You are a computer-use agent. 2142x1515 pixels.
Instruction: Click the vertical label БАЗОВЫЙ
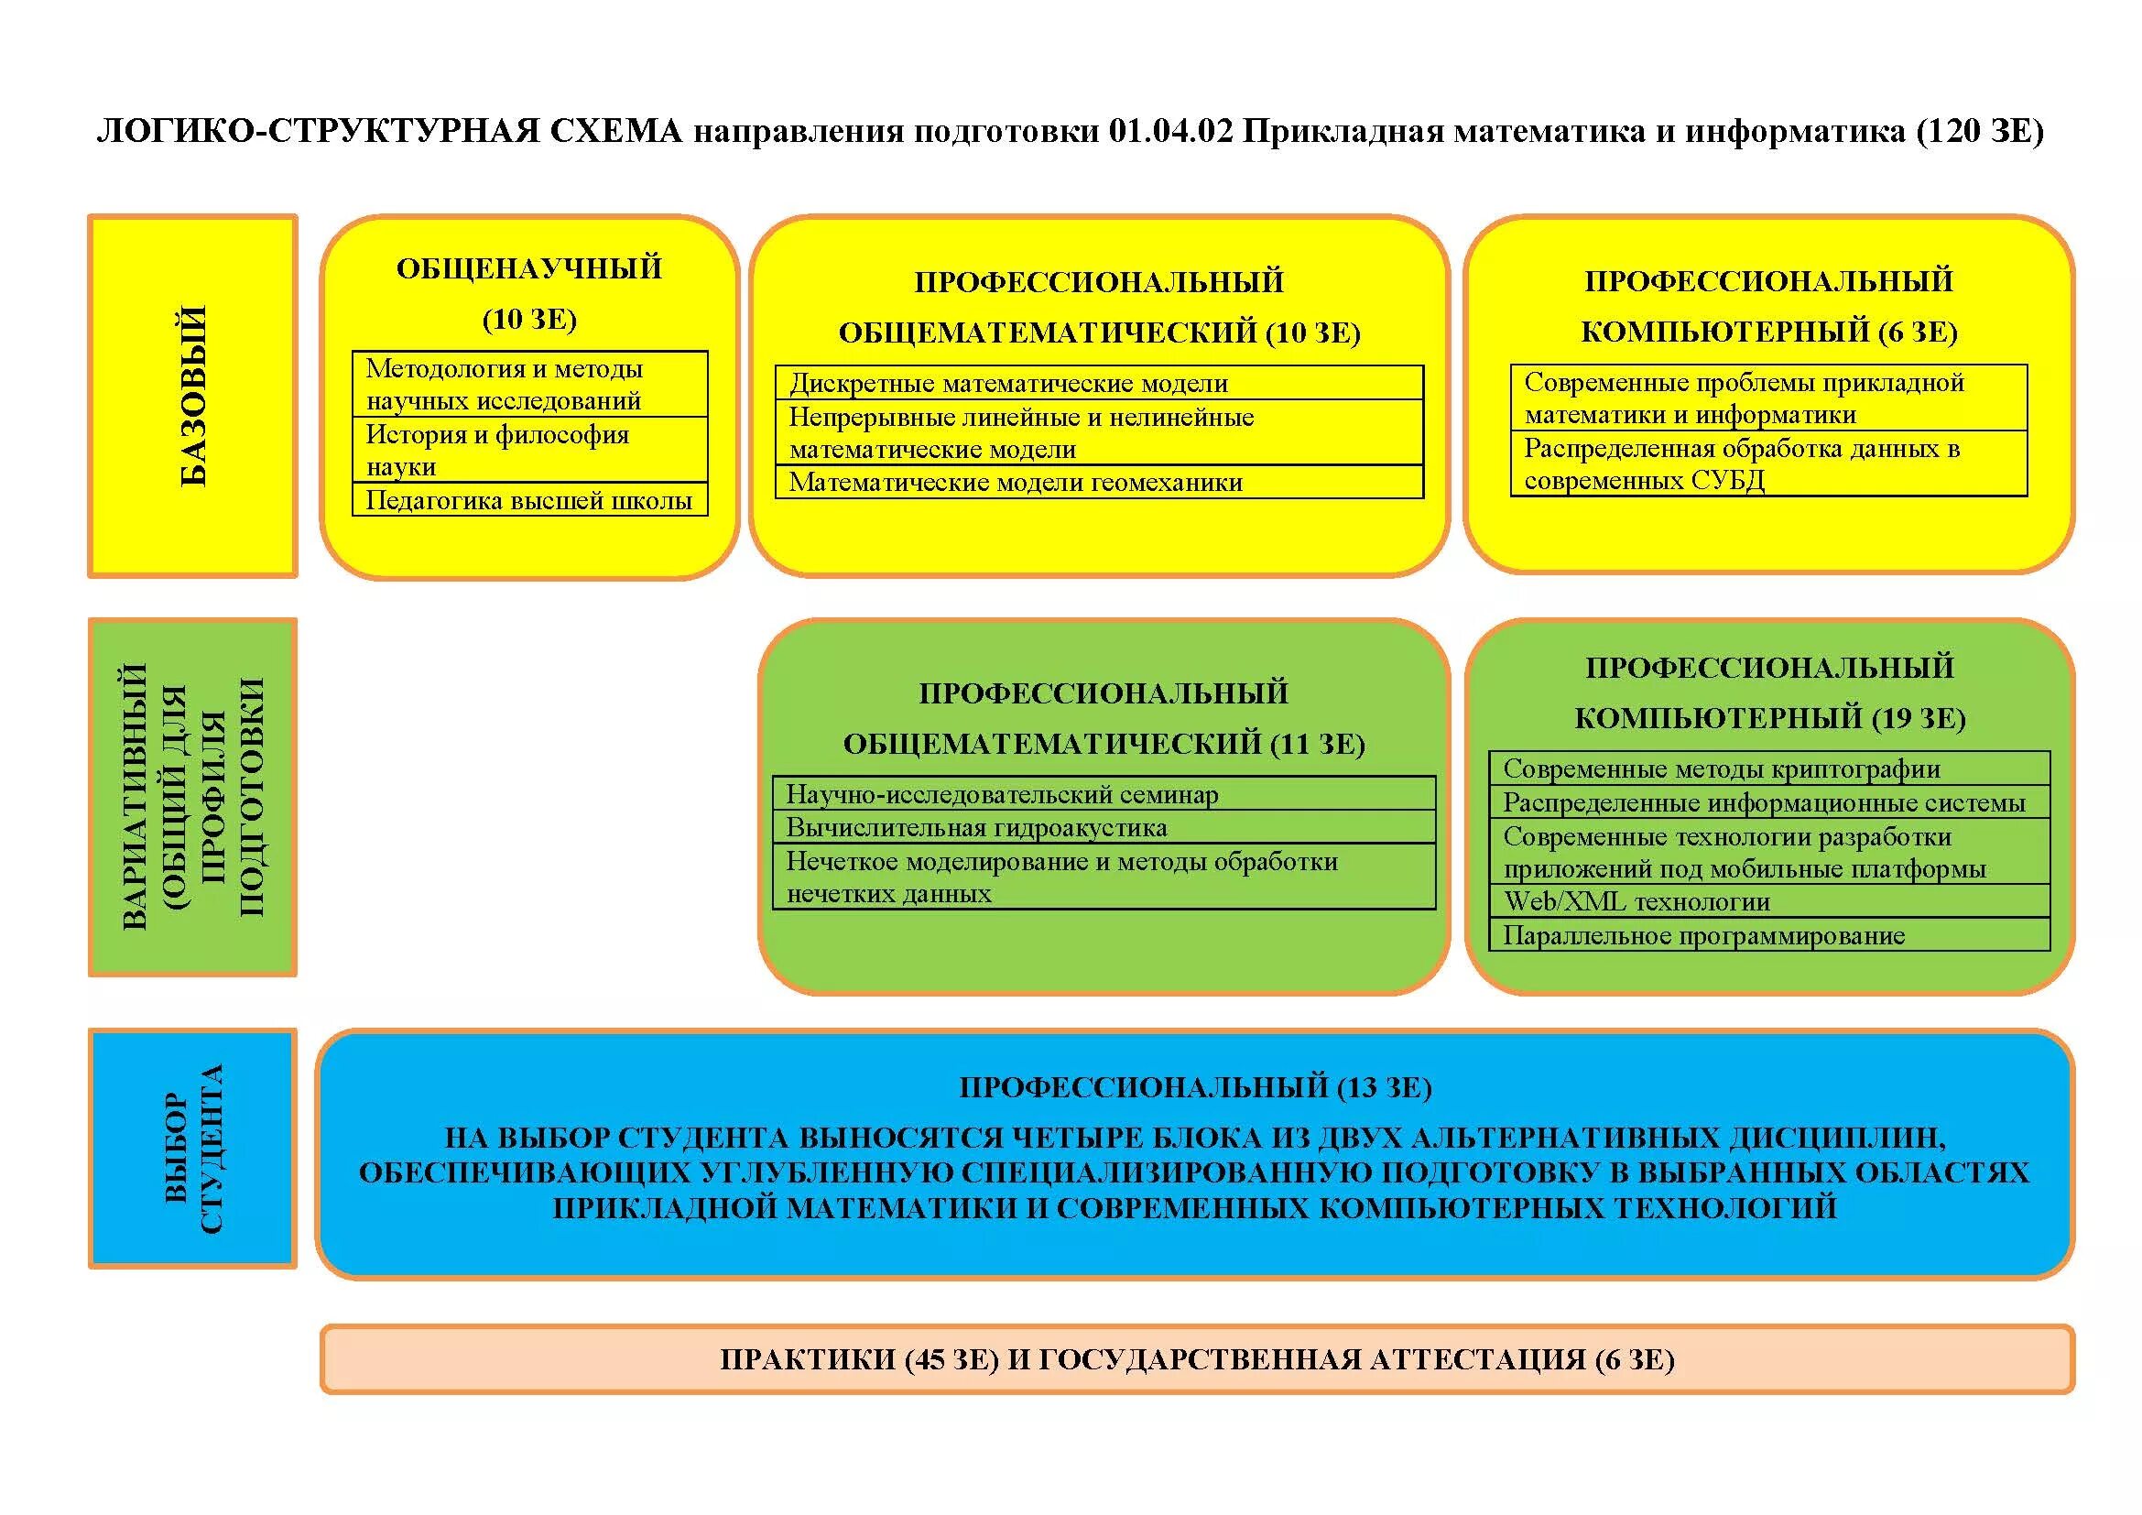(193, 396)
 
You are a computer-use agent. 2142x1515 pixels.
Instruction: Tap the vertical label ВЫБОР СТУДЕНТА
(193, 1149)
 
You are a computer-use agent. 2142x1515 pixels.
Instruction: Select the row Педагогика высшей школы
(529, 500)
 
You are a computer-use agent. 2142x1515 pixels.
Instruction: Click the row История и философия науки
(529, 450)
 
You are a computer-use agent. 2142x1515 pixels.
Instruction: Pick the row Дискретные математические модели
(1099, 384)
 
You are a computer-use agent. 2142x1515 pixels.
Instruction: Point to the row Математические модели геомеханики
(1099, 483)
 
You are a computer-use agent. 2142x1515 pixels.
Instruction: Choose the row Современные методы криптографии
(1769, 768)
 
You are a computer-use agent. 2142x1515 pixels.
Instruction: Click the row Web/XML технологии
(1769, 901)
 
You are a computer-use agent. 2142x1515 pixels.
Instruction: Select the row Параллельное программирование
(1769, 935)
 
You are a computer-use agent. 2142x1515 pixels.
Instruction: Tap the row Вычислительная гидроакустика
(1103, 827)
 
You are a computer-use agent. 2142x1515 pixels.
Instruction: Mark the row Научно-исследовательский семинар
(1103, 794)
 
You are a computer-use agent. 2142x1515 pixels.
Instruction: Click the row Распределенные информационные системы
(1769, 802)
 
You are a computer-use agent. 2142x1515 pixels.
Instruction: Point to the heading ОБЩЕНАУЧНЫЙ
(529, 268)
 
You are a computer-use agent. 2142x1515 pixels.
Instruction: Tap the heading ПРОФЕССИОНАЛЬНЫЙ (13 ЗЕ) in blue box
(1195, 1087)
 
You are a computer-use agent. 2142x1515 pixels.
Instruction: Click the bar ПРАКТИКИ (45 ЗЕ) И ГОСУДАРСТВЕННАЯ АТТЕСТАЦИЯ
(1196, 1359)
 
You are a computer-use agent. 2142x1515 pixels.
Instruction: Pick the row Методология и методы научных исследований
(529, 385)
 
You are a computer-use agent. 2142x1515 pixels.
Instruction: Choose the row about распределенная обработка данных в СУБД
(1769, 463)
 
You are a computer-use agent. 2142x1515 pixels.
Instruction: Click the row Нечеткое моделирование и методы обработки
(1103, 877)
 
